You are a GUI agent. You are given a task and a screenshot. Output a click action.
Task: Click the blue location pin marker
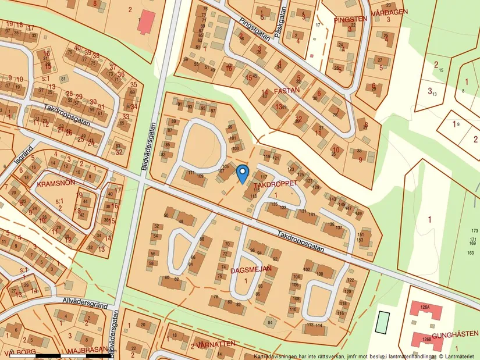pos(243,173)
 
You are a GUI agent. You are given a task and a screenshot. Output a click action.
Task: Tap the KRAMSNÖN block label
pos(55,183)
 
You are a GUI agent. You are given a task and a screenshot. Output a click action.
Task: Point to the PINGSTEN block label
pos(350,19)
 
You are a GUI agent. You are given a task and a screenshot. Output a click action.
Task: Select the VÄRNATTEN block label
pos(216,344)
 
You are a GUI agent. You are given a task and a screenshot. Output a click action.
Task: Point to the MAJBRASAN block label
pos(87,350)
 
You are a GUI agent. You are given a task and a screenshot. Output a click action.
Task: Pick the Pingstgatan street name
pos(255,28)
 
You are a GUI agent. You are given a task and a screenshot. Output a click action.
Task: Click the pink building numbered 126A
pos(424,308)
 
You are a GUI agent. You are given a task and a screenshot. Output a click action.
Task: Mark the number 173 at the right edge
pos(474,231)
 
